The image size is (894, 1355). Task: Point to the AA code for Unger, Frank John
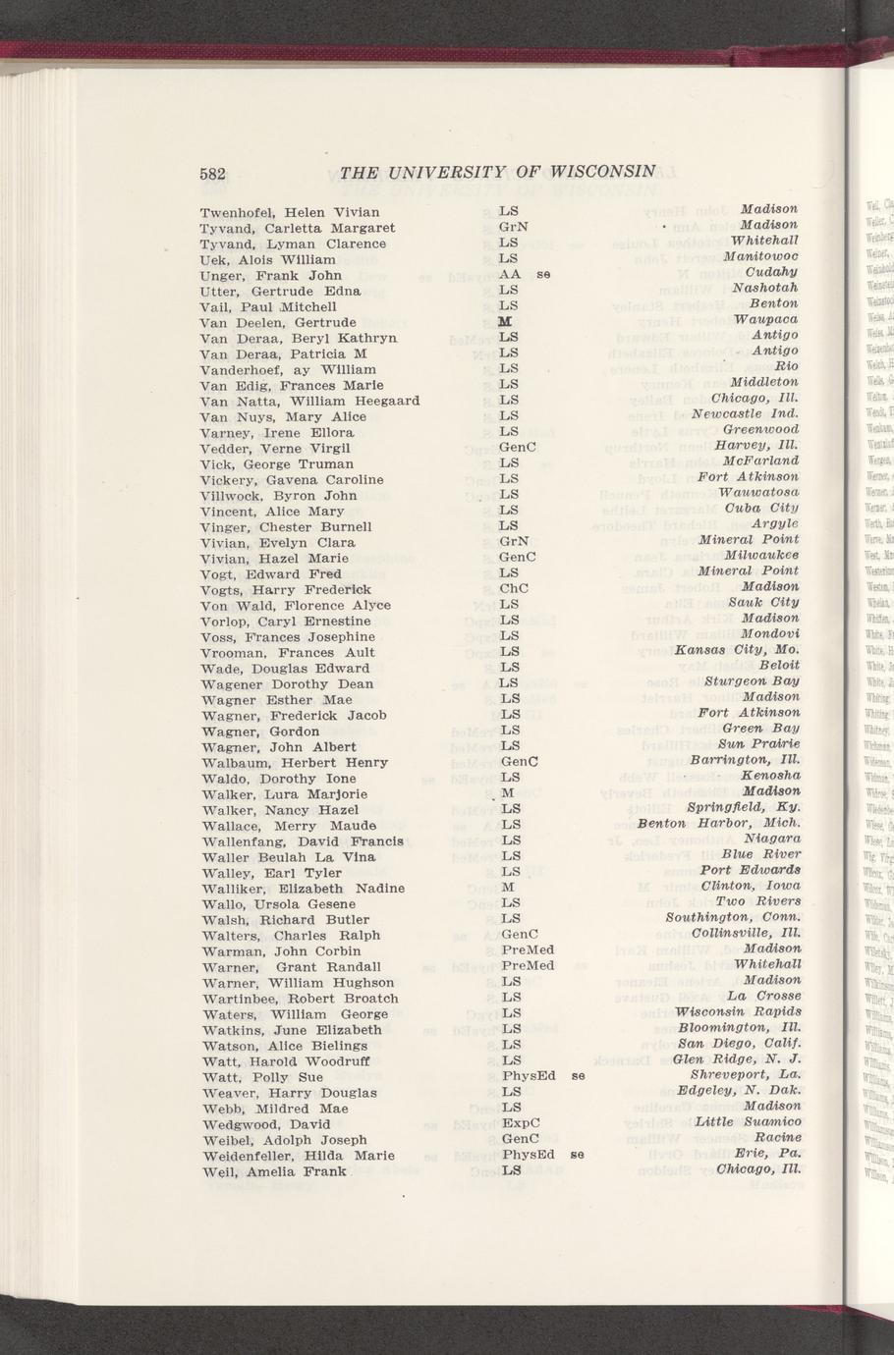pos(509,275)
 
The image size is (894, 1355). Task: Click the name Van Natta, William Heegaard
pos(309,401)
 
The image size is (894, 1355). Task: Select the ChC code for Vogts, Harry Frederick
pos(514,589)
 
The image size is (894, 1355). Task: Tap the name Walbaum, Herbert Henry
pos(294,762)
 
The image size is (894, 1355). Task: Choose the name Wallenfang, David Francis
pos(302,840)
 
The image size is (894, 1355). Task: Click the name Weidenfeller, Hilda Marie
pos(297,1155)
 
